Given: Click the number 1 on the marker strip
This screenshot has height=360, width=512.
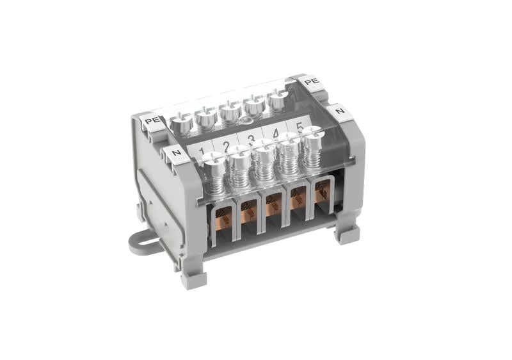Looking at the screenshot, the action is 202,152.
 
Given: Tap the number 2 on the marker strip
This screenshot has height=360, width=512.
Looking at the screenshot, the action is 227,146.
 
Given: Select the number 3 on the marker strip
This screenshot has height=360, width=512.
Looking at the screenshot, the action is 251,140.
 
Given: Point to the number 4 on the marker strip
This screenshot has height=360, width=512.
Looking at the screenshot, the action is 275,133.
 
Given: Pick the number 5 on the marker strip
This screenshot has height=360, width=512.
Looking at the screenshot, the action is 300,126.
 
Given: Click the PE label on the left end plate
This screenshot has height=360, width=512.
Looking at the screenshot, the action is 152,121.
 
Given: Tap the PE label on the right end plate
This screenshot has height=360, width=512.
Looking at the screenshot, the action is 311,81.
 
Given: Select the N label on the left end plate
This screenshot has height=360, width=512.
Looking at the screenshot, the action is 177,152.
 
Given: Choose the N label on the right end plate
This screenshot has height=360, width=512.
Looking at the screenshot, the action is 340,111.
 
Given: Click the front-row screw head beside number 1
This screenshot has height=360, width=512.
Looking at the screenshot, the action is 214,158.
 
